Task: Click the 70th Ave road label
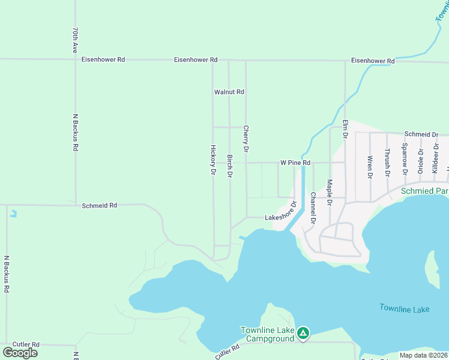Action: [x=75, y=40]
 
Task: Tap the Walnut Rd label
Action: [x=229, y=92]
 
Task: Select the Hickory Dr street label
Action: [x=212, y=160]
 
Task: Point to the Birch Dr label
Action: [x=229, y=166]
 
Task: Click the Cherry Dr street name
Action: [x=246, y=138]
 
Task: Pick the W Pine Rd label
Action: [x=295, y=163]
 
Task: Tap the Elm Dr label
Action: [x=345, y=128]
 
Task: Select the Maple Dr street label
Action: [x=329, y=192]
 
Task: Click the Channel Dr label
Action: [x=313, y=208]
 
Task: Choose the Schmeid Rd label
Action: [x=99, y=205]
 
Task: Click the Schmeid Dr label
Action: [x=421, y=134]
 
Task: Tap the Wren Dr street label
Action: [x=370, y=167]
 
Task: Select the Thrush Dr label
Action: [x=387, y=163]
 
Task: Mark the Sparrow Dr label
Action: [x=405, y=159]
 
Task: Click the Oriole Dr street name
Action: [x=421, y=161]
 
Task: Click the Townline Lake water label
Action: [x=404, y=308]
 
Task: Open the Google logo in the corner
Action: [x=20, y=352]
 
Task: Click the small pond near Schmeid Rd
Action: [x=13, y=213]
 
